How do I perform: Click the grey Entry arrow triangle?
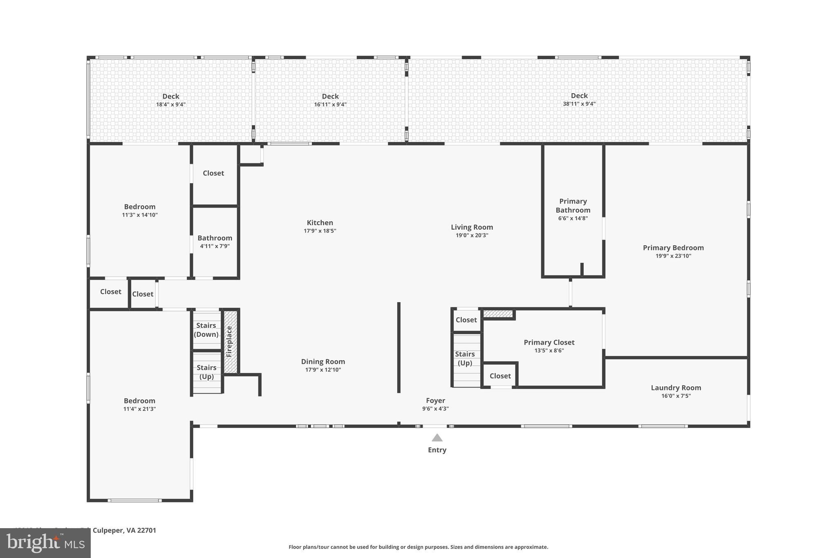click(437, 438)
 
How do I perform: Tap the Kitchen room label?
click(320, 223)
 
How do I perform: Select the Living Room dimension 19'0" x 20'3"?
click(472, 235)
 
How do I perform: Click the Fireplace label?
click(229, 341)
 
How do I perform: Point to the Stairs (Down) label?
click(206, 330)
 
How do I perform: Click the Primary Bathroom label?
click(573, 206)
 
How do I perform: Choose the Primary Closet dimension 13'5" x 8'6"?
click(549, 351)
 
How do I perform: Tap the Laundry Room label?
click(676, 388)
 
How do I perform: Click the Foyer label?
click(435, 401)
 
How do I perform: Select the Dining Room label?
click(323, 361)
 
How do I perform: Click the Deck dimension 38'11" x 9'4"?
click(579, 104)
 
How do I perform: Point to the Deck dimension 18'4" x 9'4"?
click(170, 105)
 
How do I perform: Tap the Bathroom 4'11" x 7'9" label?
click(215, 238)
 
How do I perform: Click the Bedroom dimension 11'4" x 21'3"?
click(139, 409)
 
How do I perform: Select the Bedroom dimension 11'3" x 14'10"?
click(139, 215)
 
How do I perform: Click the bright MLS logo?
click(45, 543)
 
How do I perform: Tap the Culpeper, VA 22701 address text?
click(124, 530)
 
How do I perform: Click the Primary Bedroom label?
click(673, 248)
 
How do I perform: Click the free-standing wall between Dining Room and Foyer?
click(398, 347)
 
